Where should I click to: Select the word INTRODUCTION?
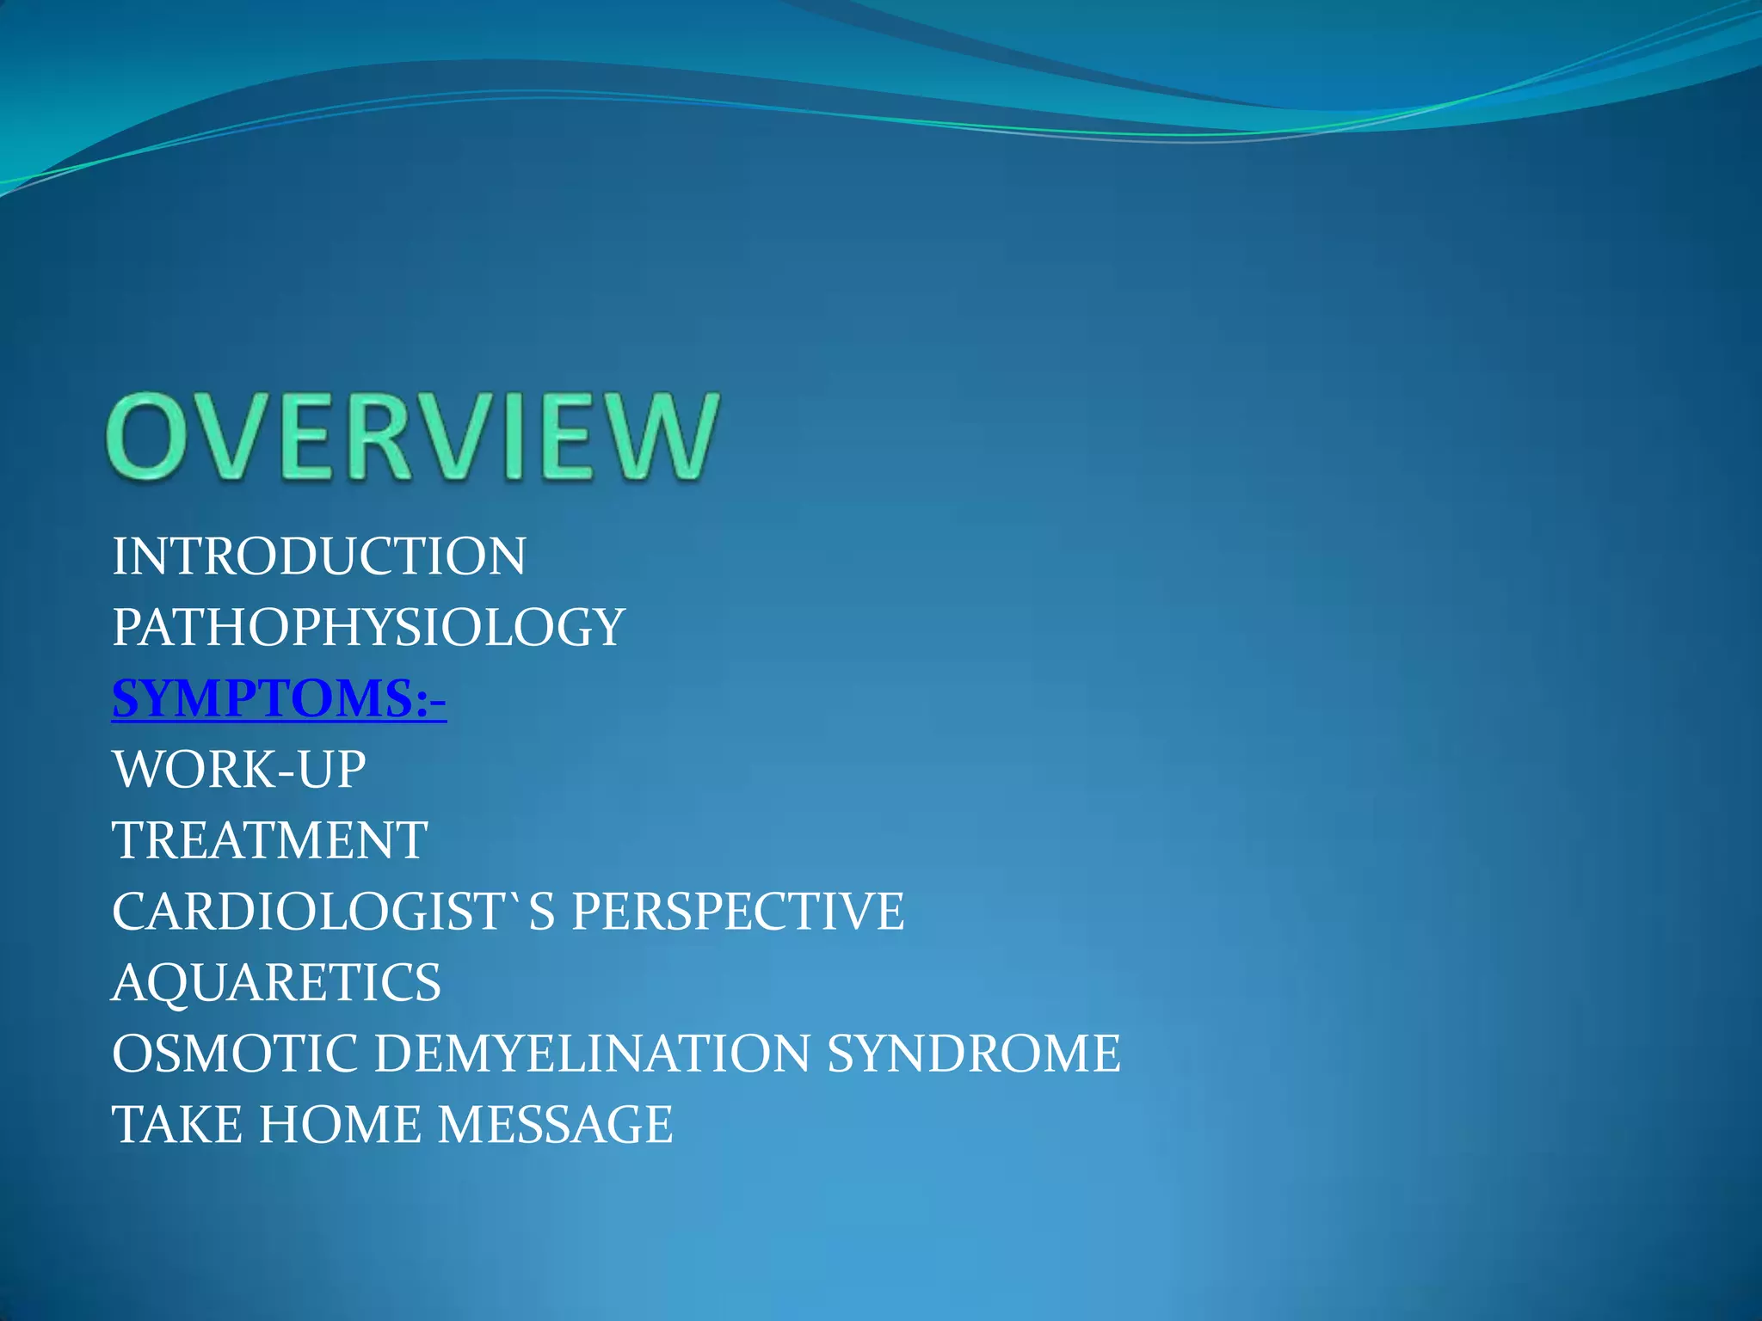[319, 556]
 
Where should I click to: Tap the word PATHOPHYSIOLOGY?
[368, 627]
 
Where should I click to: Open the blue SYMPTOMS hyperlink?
[262, 698]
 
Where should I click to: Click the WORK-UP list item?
[239, 769]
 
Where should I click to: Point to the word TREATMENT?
[269, 840]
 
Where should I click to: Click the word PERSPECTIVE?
[738, 911]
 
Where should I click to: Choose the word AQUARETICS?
[276, 982]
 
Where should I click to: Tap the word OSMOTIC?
[235, 1053]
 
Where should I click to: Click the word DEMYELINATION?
[592, 1053]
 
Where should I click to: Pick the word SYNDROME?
[974, 1053]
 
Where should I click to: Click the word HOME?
[340, 1124]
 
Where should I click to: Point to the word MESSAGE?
[556, 1124]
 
